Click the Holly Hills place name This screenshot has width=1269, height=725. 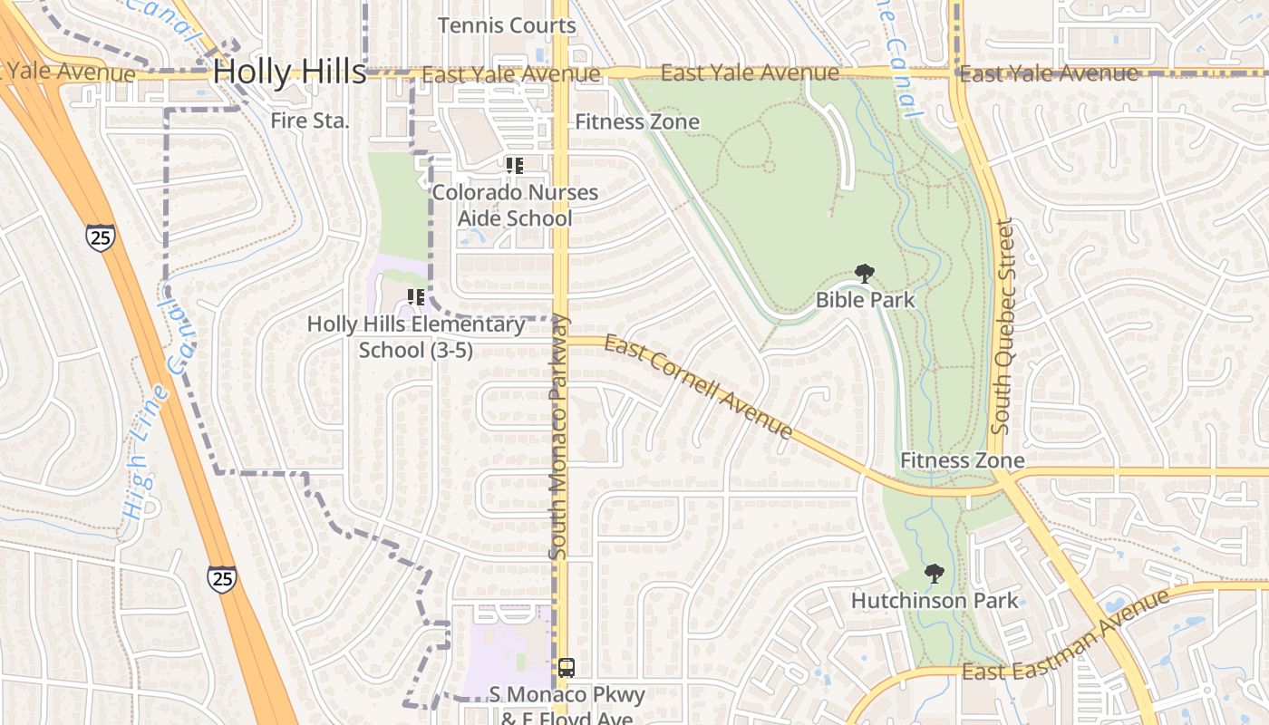(x=289, y=72)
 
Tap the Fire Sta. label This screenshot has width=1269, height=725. (x=309, y=121)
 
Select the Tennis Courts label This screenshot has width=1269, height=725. (x=507, y=25)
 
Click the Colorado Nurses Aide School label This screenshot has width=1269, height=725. (x=515, y=206)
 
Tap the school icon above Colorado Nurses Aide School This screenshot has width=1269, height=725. (x=515, y=166)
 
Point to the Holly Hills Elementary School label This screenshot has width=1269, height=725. (x=416, y=337)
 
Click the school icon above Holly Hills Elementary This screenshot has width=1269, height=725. (x=416, y=297)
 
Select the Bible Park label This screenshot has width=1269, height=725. (x=865, y=300)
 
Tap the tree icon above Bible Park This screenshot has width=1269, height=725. (x=865, y=274)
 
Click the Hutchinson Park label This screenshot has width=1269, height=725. (x=935, y=601)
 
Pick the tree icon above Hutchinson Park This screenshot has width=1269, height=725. (x=934, y=574)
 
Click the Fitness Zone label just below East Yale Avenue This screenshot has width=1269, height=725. (x=637, y=121)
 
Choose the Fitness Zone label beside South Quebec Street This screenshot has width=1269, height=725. (x=962, y=460)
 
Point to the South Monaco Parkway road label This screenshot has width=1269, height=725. (x=558, y=435)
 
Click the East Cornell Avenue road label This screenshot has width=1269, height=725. (x=698, y=387)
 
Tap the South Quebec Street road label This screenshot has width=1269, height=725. (x=1001, y=326)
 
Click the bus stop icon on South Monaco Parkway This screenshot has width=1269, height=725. (x=566, y=668)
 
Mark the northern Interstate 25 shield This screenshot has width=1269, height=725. (x=102, y=237)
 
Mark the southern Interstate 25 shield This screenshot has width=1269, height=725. (x=221, y=578)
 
